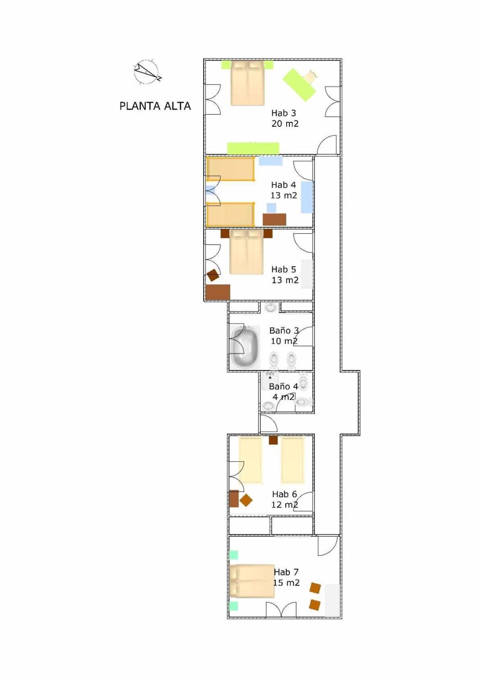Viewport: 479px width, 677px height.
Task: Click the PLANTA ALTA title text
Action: [155, 106]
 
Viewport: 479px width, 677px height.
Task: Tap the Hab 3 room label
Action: [283, 113]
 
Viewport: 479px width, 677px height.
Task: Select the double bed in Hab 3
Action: [248, 83]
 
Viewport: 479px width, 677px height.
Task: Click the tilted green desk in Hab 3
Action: [299, 85]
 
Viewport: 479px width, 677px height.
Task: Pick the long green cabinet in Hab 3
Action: [253, 148]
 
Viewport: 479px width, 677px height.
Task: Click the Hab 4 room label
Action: [283, 185]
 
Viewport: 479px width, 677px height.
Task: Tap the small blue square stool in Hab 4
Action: [271, 208]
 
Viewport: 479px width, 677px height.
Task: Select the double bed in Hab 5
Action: [247, 252]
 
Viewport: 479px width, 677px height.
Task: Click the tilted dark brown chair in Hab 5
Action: [213, 275]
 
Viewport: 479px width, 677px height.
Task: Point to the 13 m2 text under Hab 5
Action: [285, 280]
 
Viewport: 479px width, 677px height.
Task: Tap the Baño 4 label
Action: [283, 386]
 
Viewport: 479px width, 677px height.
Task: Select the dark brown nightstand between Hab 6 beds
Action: [273, 440]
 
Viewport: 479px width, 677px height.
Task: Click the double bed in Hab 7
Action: [252, 581]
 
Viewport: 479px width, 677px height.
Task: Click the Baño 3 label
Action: [284, 330]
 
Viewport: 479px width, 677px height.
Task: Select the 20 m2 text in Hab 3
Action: [285, 124]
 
